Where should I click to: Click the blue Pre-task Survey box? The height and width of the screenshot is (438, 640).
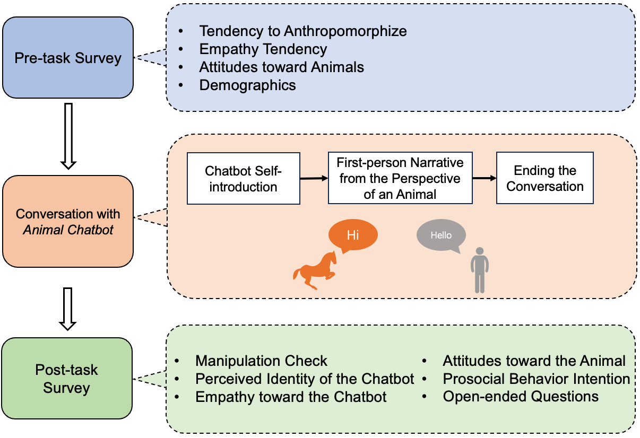[x=68, y=57]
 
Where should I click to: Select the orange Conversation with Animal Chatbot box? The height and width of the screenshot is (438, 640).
[x=68, y=221]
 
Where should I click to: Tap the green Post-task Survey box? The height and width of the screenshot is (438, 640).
[x=67, y=378]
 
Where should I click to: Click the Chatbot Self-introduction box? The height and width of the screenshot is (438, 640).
[x=243, y=179]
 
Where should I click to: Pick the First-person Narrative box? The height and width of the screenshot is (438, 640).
[x=400, y=178]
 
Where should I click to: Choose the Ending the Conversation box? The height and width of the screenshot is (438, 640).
[x=544, y=178]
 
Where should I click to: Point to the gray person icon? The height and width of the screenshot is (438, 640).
[x=479, y=270]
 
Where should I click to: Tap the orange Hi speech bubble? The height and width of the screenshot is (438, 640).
[x=353, y=234]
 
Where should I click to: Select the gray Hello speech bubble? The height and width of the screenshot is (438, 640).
[x=441, y=235]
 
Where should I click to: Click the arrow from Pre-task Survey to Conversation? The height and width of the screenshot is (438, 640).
[x=68, y=136]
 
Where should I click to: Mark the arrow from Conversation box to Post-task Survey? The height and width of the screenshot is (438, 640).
[x=68, y=309]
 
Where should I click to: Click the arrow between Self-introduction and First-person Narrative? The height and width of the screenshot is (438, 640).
[x=314, y=179]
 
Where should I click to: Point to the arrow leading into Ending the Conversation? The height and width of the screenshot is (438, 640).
[x=484, y=178]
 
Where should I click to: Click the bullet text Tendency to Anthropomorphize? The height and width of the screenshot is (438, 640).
[x=303, y=31]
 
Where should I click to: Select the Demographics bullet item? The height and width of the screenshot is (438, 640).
[x=247, y=85]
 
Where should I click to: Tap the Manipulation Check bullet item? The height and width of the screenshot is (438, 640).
[x=261, y=361]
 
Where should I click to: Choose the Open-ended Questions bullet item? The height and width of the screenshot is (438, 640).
[x=521, y=397]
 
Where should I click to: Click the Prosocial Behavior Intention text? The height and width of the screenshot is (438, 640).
[x=536, y=379]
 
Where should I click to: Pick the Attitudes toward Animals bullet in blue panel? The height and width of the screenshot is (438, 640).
[x=281, y=67]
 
